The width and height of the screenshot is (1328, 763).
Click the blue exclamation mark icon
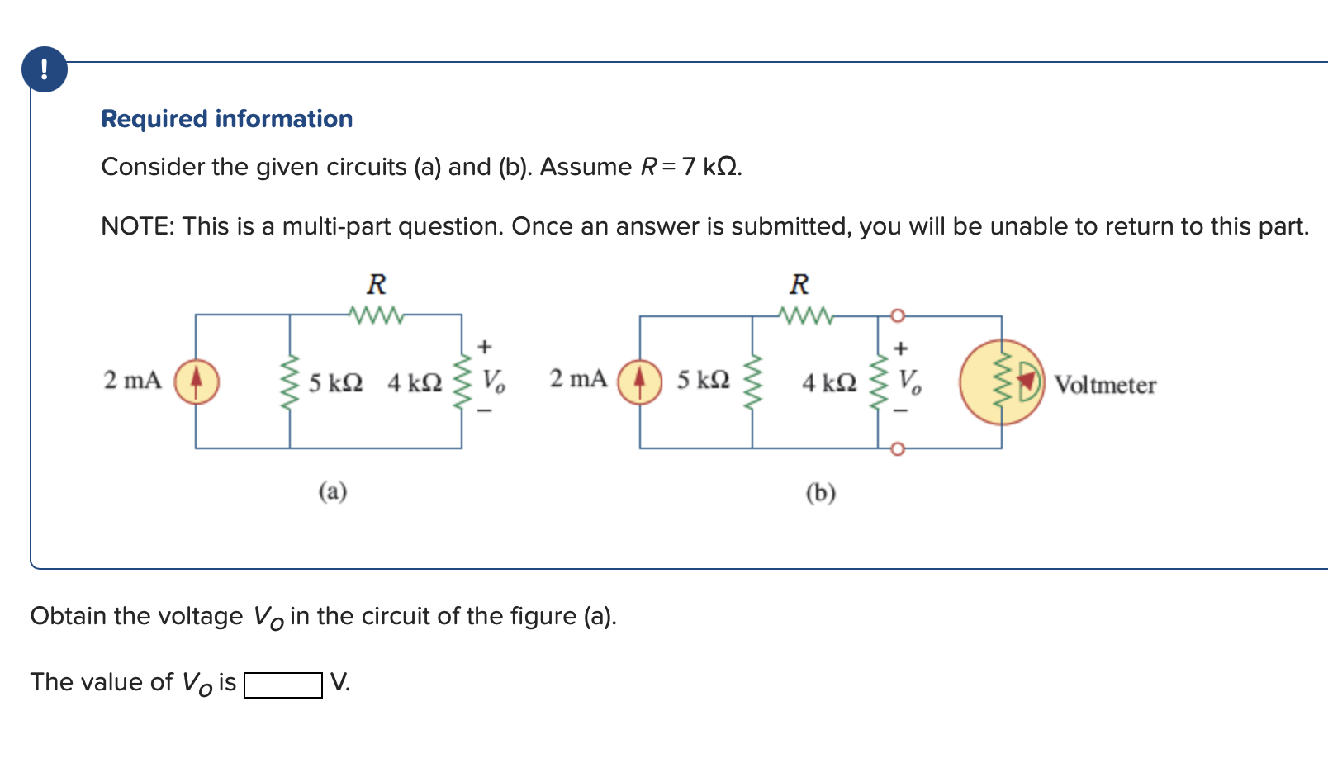click(45, 69)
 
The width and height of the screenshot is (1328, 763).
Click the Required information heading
click(226, 119)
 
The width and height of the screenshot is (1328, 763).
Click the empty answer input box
click(282, 685)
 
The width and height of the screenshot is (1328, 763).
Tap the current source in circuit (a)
click(196, 381)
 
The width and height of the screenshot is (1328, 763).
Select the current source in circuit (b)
click(640, 381)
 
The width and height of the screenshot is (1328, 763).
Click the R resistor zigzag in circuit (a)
click(376, 315)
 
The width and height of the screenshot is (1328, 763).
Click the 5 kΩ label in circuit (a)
click(335, 383)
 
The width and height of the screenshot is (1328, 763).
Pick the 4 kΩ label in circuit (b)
click(828, 383)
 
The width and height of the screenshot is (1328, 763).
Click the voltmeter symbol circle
click(1001, 382)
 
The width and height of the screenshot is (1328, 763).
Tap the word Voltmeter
click(1105, 385)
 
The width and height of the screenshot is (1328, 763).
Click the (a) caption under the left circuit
click(333, 492)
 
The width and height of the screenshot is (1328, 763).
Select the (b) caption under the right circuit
click(820, 493)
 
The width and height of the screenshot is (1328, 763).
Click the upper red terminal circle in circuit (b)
click(898, 315)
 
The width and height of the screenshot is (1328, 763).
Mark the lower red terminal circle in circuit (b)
click(898, 448)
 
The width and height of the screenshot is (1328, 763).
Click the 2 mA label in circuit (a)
click(132, 380)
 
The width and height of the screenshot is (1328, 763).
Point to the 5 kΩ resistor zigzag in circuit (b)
click(752, 382)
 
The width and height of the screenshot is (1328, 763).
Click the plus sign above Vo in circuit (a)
click(485, 347)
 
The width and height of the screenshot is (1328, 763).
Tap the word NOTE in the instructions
click(135, 226)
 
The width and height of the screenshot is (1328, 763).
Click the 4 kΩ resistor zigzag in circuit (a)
click(462, 381)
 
